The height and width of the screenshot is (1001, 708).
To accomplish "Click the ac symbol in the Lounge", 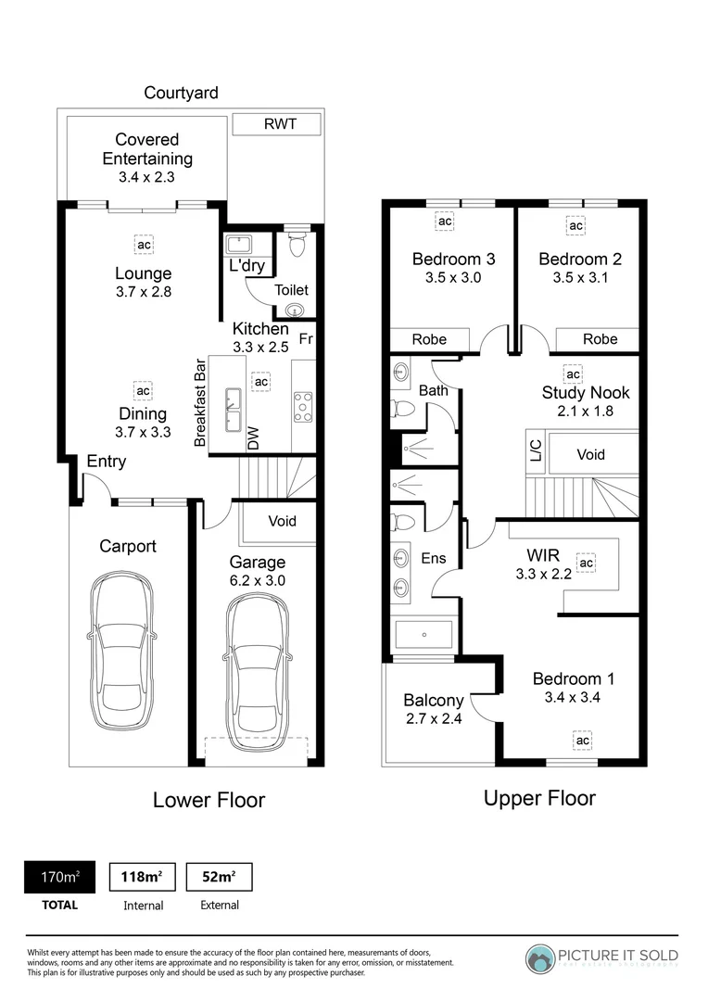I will click(x=143, y=245).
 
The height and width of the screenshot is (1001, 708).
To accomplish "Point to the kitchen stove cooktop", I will click(x=303, y=406).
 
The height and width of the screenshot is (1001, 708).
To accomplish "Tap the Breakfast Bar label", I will click(x=199, y=403).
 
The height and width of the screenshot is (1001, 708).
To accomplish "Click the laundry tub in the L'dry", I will click(x=238, y=245).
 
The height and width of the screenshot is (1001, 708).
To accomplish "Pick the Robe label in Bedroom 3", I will click(x=429, y=339).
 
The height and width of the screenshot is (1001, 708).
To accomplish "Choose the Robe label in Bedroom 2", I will click(x=600, y=339).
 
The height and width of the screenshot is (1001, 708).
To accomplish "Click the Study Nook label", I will click(x=584, y=392).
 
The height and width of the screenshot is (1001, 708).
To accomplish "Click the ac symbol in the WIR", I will click(x=586, y=563).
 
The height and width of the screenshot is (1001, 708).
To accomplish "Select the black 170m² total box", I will click(x=58, y=877).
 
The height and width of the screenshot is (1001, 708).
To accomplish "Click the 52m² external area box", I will click(x=219, y=877).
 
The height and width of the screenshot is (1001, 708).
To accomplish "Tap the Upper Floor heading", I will click(x=539, y=798).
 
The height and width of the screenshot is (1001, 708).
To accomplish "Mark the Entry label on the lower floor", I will click(x=107, y=462).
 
